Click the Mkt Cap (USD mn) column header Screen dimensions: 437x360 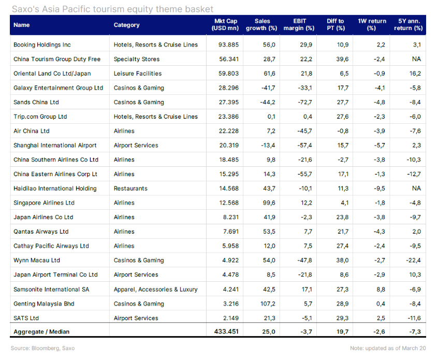tap(225, 24)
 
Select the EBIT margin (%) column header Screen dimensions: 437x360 tap(299, 24)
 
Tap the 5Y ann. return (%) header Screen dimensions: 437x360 tap(409, 24)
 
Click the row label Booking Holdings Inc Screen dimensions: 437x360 tap(42, 45)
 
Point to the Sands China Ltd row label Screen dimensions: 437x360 tap(36, 102)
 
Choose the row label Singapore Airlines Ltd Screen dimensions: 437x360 tap(44, 203)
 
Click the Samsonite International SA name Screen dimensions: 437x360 tap(51, 289)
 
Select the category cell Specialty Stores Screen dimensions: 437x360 tap(137, 59)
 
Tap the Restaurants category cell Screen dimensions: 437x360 tap(130, 189)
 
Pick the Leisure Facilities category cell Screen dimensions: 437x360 tap(138, 74)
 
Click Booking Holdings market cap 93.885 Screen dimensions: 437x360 tap(228, 45)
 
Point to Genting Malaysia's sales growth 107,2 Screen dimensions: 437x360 tap(268, 304)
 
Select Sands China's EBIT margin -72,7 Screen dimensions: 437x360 tap(305, 102)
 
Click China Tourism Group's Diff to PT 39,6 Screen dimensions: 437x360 tap(343, 59)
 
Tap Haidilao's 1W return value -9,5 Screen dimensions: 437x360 tap(380, 189)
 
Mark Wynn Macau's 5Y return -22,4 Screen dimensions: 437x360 tap(413, 260)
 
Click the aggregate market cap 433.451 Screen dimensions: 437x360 tap(226, 332)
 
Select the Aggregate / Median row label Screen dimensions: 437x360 tap(41, 332)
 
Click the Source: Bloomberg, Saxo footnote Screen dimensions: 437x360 tap(42, 348)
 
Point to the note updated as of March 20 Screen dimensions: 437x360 tap(388, 348)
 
